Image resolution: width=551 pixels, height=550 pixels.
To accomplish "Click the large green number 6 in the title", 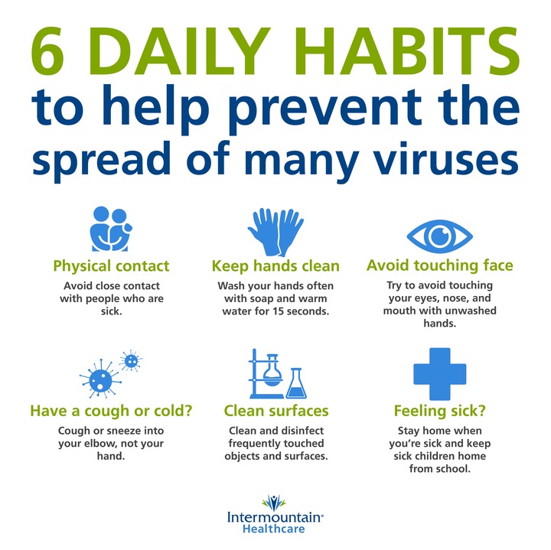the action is (47, 51).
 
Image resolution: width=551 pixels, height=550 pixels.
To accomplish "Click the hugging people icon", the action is (111, 229).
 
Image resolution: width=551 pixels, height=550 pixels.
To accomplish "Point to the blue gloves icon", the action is (276, 232).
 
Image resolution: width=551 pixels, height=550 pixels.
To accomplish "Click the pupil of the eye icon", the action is (439, 236).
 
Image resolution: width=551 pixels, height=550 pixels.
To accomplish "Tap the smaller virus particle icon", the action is (131, 360).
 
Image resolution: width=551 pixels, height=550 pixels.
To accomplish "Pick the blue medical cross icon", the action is (439, 374).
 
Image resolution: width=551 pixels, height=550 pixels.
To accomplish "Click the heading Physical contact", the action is (111, 266).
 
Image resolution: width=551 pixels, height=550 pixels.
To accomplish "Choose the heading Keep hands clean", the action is (275, 266).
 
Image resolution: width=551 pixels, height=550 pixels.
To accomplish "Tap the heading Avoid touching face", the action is (439, 265).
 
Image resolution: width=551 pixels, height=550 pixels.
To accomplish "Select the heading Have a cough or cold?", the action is (111, 411).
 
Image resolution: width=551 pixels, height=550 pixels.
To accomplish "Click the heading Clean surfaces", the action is (276, 411).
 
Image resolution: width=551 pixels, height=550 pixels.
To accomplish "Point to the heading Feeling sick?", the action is (439, 411).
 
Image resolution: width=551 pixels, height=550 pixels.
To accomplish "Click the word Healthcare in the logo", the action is (274, 529).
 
